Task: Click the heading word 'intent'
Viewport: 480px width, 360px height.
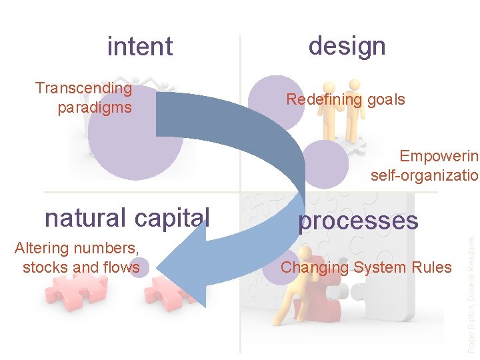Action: pyautogui.click(x=140, y=47)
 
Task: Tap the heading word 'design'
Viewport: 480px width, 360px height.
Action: pyautogui.click(x=347, y=45)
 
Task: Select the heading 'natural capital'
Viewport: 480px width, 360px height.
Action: pyautogui.click(x=127, y=217)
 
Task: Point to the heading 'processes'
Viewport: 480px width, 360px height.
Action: pyautogui.click(x=358, y=221)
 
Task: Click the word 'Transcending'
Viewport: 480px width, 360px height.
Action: pyautogui.click(x=83, y=88)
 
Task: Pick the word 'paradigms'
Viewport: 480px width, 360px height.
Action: pyautogui.click(x=95, y=107)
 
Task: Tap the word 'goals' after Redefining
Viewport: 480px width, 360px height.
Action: pyautogui.click(x=385, y=100)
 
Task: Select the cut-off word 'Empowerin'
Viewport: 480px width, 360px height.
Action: pyautogui.click(x=439, y=156)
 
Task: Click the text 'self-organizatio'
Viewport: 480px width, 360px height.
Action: pyautogui.click(x=425, y=175)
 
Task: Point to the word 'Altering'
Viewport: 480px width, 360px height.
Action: pyautogui.click(x=41, y=249)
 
